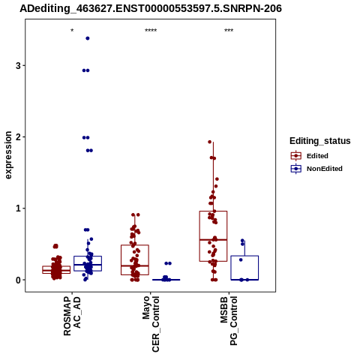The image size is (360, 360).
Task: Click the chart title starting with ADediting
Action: pos(151,9)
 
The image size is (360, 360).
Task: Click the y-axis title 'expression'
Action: pos(8,155)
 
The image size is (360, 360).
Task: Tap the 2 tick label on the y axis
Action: pos(18,137)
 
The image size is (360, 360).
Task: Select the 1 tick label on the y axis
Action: pos(18,208)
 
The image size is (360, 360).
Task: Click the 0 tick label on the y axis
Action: pos(18,280)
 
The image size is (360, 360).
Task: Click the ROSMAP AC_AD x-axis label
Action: pos(72,316)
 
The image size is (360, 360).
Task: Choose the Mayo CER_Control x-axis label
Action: pos(151,324)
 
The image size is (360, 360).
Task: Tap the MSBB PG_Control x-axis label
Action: pos(229,321)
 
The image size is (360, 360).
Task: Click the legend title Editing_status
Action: pos(320,141)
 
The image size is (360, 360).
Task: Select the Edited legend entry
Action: pos(310,156)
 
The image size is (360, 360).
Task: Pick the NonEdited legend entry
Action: pos(316,169)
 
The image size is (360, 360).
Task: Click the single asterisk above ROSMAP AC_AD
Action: pos(72,31)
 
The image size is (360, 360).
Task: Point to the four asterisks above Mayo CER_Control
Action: pos(151,31)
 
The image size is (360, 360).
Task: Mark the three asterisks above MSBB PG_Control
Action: pos(229,31)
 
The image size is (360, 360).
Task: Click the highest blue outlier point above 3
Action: pos(88,38)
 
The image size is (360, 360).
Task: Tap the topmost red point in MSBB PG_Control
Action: pos(210,142)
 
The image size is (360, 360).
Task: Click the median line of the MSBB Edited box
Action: pos(213,240)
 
